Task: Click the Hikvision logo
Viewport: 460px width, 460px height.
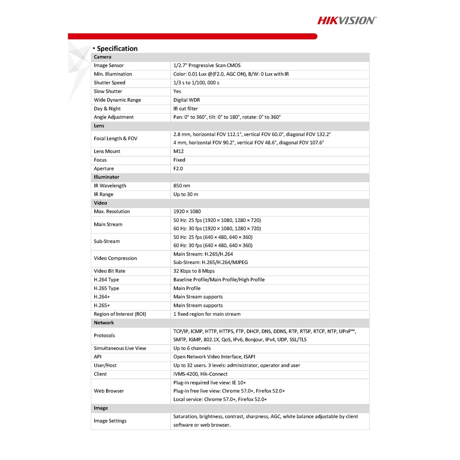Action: tap(347, 20)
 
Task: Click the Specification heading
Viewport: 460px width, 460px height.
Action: tap(117, 49)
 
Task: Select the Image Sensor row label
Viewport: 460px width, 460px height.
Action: tap(108, 66)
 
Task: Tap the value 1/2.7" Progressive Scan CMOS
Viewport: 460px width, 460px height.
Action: tap(207, 66)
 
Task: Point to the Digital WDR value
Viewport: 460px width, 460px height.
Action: tap(186, 100)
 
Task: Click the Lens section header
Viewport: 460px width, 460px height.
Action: tap(99, 126)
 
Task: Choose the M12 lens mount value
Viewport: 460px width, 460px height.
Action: tap(178, 151)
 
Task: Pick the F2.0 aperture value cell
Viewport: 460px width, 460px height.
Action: tap(178, 168)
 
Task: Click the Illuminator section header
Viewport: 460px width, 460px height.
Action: tap(106, 177)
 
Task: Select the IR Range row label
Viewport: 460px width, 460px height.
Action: tap(103, 195)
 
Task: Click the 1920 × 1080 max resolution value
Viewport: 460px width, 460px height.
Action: tap(187, 212)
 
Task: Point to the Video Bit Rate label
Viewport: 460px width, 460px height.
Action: tap(110, 271)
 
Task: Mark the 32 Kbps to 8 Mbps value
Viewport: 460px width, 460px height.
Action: tap(194, 271)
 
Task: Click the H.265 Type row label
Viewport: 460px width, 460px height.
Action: tap(106, 288)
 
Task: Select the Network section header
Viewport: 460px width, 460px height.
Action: tap(104, 323)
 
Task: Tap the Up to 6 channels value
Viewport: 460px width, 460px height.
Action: tap(192, 348)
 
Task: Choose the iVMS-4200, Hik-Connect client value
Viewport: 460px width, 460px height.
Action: tap(200, 374)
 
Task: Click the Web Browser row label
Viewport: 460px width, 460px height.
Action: tap(109, 391)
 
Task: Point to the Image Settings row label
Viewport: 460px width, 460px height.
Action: tap(110, 421)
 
